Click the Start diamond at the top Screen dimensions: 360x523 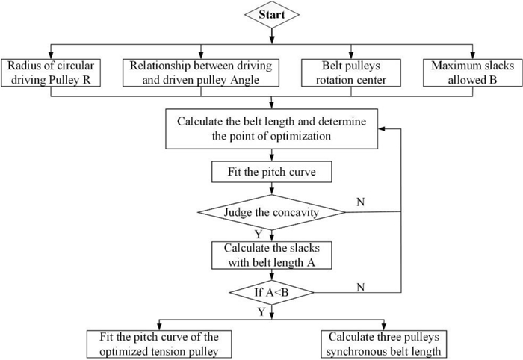pyautogui.click(x=276, y=15)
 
